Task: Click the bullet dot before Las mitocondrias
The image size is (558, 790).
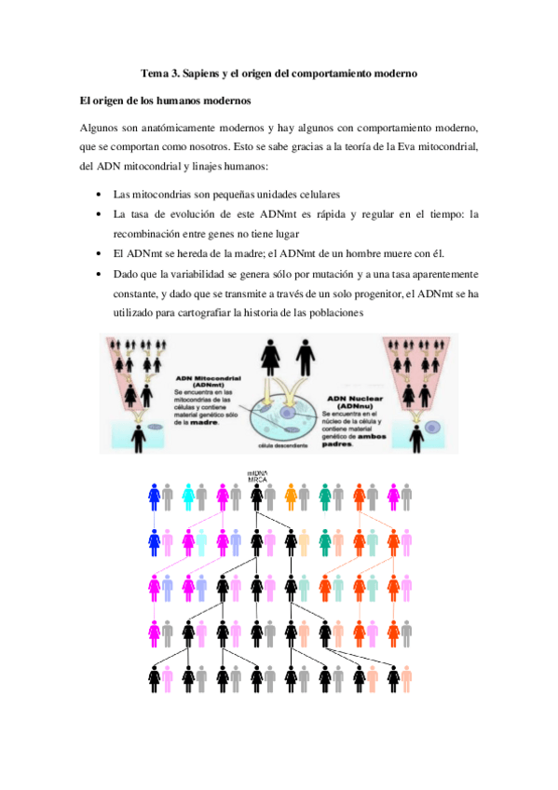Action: tap(100, 194)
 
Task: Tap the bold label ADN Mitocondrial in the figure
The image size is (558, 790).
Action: tap(203, 378)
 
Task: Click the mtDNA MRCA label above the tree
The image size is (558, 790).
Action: tap(257, 476)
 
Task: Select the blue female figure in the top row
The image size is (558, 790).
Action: tap(154, 497)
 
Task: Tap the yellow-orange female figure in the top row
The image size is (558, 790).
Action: tap(291, 497)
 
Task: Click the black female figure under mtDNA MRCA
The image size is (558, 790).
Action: tap(257, 497)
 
